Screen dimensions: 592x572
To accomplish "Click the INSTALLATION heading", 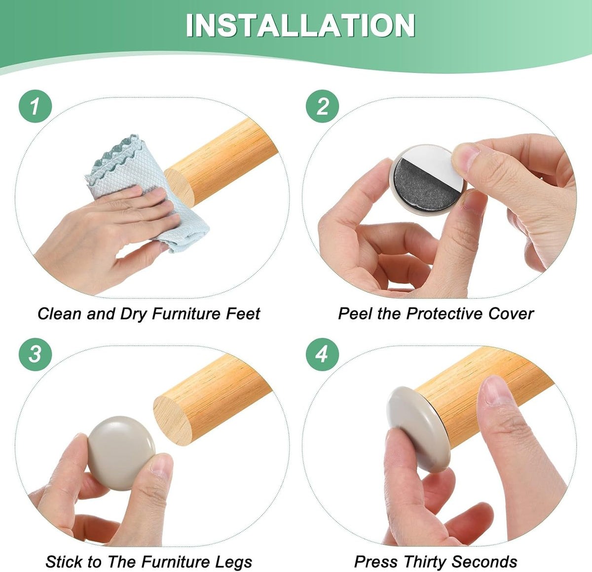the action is click(300, 26).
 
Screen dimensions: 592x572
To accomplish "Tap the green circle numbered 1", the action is click(36, 106).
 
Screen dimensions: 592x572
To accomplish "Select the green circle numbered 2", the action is click(322, 106).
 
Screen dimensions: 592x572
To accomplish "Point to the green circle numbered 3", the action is click(36, 354).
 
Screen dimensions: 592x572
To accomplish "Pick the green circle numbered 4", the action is click(322, 354).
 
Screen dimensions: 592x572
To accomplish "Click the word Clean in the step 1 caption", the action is click(60, 313).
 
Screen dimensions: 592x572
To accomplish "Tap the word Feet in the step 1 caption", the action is click(243, 313).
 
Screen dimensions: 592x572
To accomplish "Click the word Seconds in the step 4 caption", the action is click(484, 562).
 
